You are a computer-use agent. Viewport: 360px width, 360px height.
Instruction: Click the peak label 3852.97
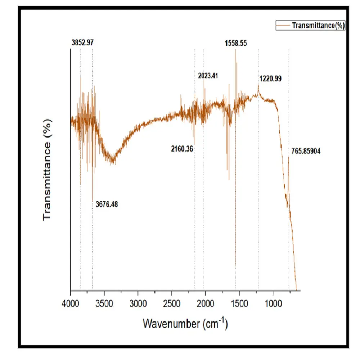coord(82,42)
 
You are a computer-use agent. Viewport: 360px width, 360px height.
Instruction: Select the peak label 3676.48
coord(107,205)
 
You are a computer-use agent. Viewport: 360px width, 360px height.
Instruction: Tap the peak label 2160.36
coord(182,148)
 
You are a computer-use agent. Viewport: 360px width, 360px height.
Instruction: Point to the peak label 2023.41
coord(208,76)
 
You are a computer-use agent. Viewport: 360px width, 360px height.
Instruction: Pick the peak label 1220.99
coord(270,79)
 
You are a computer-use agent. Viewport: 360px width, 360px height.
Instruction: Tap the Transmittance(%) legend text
coord(318,26)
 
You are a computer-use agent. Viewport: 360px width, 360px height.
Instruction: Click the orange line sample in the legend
coord(283,26)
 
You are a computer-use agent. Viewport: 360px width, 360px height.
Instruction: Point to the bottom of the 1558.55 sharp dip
coord(235,266)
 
